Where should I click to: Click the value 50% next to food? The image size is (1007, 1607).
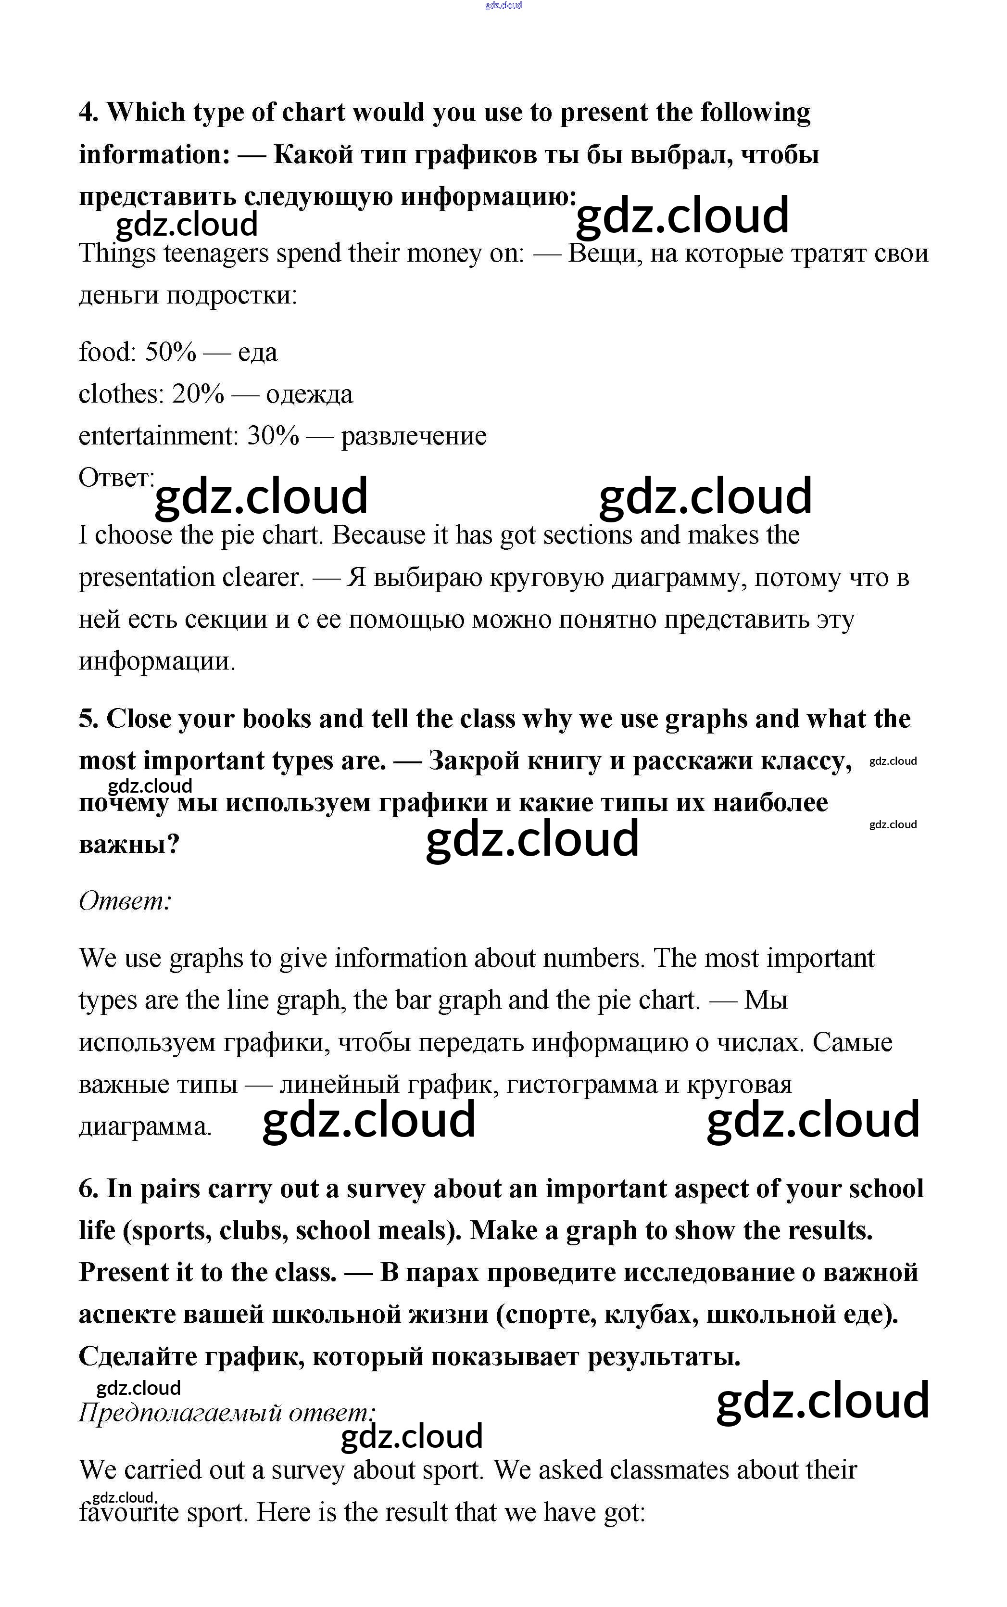pyautogui.click(x=171, y=352)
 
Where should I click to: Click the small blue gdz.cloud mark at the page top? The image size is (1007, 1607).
pyautogui.click(x=503, y=5)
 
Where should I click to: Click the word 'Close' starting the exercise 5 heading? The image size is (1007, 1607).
pyautogui.click(x=138, y=719)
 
